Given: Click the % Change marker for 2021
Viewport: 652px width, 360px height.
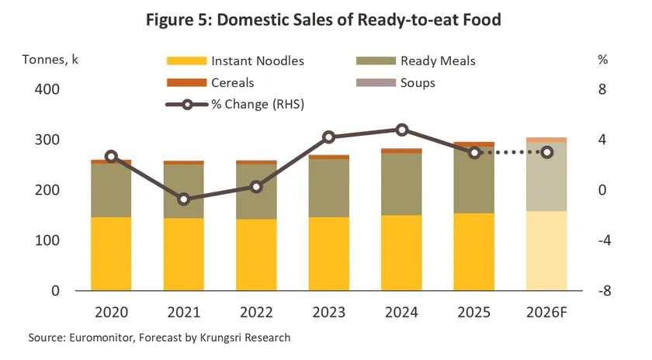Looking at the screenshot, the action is click(x=184, y=199).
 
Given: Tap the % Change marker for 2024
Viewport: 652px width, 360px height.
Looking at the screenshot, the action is click(x=402, y=130).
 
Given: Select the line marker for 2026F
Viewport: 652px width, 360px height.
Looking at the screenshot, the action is click(x=547, y=153).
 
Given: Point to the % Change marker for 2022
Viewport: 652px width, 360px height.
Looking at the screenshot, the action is click(x=256, y=187).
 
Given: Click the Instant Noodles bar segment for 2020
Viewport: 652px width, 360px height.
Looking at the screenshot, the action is click(x=111, y=254).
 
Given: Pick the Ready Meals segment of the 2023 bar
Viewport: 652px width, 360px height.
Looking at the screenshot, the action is click(x=329, y=188).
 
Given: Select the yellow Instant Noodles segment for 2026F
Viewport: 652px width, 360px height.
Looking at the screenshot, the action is click(x=546, y=251).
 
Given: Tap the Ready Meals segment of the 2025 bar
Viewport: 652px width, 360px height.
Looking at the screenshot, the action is click(x=474, y=179).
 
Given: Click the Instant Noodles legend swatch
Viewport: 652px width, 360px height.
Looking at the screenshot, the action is click(x=187, y=61).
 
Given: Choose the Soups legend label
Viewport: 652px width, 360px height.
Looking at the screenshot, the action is click(x=418, y=83).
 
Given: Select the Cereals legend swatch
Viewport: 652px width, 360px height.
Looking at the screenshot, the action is click(x=187, y=83).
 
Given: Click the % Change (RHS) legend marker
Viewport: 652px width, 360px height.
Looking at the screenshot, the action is click(x=187, y=104).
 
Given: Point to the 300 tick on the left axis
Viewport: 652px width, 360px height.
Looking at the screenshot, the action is click(x=47, y=140).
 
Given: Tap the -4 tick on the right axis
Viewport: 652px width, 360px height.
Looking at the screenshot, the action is click(x=605, y=241).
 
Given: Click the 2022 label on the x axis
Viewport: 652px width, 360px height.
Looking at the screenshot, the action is click(x=256, y=312).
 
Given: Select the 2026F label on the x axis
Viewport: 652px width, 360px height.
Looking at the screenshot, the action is click(x=546, y=312).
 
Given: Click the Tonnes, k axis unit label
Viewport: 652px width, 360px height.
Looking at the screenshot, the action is click(x=50, y=60).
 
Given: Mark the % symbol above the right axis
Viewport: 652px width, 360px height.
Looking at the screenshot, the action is click(x=603, y=60).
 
